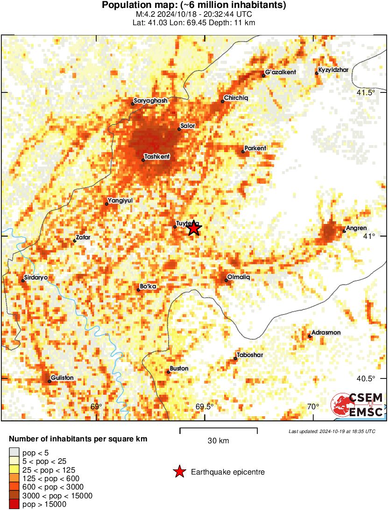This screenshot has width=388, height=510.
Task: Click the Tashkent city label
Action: [157, 156]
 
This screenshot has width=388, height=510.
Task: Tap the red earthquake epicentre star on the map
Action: [194, 228]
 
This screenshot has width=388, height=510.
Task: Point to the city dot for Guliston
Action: [49, 382]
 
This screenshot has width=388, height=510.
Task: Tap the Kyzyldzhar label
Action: [333, 70]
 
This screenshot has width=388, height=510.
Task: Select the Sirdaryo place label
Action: [36, 277]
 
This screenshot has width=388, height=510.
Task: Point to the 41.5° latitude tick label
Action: [366, 92]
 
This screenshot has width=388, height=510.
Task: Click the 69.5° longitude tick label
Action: [205, 406]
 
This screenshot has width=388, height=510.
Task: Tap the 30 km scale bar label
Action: [218, 441]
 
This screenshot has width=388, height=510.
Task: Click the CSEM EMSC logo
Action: [358, 405]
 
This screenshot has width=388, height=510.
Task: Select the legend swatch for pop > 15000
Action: [14, 504]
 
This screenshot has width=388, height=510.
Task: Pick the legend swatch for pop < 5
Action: [14, 452]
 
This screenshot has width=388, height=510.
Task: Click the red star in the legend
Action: [179, 472]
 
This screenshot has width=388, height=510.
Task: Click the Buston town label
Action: [179, 368]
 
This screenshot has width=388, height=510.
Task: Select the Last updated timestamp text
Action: [332, 431]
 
